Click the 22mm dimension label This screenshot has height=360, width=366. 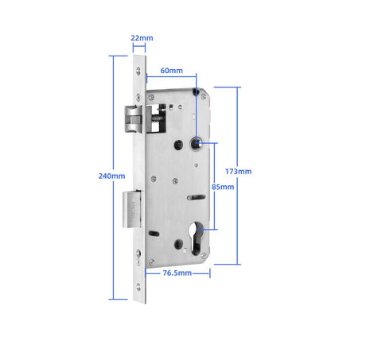(142, 38)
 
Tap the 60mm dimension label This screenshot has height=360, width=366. (172, 71)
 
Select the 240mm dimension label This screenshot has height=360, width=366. (111, 176)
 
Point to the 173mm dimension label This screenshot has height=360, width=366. (239, 172)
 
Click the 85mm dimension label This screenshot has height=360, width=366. (223, 187)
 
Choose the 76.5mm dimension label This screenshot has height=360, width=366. (177, 273)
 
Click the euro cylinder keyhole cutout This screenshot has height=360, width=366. (197, 238)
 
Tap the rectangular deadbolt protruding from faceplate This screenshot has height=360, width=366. (131, 209)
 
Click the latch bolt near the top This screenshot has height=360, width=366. (133, 118)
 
